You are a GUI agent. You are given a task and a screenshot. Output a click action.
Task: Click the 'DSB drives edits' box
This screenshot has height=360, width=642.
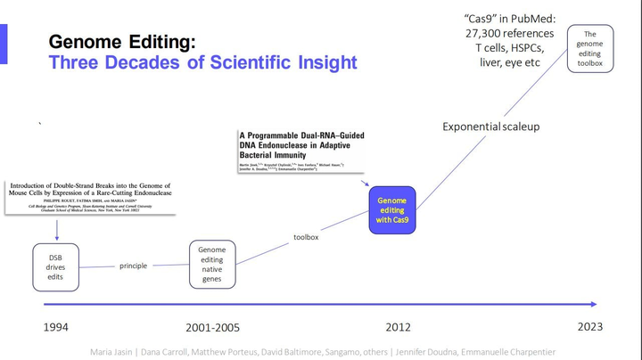tap(57, 266)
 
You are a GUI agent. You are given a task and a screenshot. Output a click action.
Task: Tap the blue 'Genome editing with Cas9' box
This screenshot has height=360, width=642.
tap(392, 210)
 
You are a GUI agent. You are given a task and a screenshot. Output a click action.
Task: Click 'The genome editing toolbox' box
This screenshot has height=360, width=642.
tap(590, 49)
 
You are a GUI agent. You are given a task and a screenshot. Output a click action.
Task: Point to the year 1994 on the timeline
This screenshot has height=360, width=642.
tap(55, 327)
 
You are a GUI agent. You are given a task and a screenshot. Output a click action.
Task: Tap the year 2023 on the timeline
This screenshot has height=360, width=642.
tap(590, 327)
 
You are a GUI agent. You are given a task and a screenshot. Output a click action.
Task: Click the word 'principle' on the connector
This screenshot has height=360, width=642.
tap(133, 266)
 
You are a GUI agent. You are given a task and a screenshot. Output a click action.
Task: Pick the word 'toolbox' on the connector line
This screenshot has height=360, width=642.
tap(306, 237)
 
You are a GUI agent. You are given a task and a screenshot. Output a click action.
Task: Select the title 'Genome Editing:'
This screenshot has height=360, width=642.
tap(122, 42)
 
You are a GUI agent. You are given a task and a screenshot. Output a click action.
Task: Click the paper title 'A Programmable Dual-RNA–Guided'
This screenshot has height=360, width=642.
tap(301, 135)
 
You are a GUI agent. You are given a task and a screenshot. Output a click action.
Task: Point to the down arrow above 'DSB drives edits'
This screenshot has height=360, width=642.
tap(57, 228)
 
